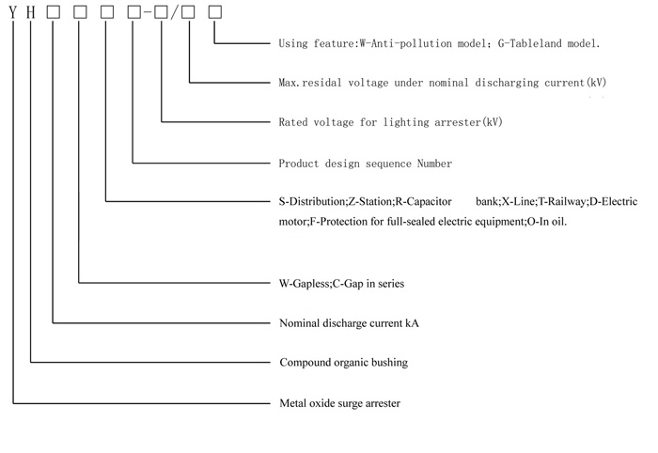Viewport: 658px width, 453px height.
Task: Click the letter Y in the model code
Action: (x=12, y=13)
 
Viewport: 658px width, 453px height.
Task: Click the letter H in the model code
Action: (x=32, y=13)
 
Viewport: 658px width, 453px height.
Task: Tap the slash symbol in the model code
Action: (x=175, y=13)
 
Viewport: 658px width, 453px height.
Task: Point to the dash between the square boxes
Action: (x=149, y=13)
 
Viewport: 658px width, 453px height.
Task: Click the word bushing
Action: (x=389, y=363)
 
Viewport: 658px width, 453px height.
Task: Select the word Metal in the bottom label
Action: (x=295, y=403)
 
